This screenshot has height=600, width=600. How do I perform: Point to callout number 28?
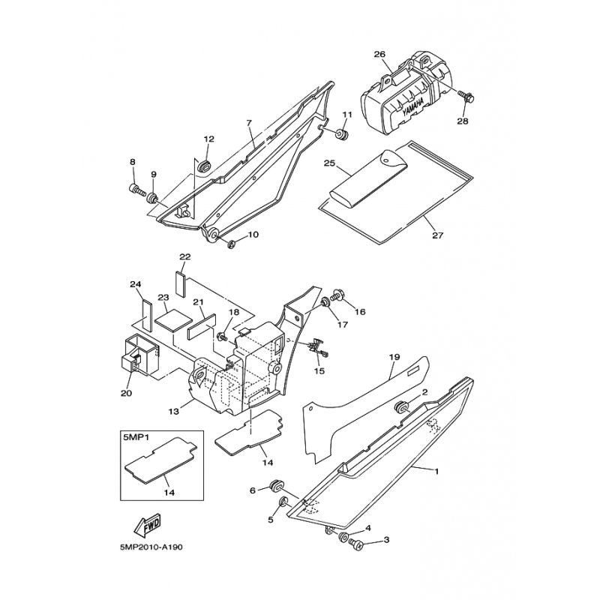click(x=462, y=121)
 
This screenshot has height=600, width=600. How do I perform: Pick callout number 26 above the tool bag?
click(x=379, y=54)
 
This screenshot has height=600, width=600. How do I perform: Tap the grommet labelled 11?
click(x=343, y=136)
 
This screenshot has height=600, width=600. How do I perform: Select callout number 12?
click(x=208, y=139)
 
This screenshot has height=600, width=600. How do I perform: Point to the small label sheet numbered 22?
click(x=180, y=280)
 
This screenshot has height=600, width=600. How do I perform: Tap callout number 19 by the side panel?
click(x=393, y=358)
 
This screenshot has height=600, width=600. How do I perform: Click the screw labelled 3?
click(x=358, y=544)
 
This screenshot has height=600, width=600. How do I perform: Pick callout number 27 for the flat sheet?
click(x=438, y=235)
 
